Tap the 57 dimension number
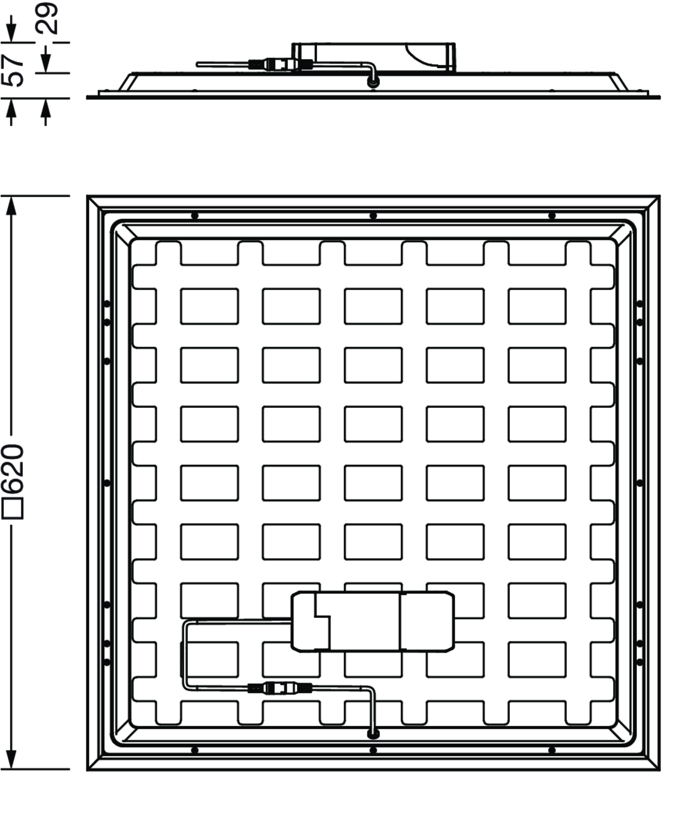(x=12, y=71)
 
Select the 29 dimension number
(x=46, y=18)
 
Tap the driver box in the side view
(x=373, y=57)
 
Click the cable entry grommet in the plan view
(x=373, y=734)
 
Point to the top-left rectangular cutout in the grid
(x=209, y=306)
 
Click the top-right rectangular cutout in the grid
(x=537, y=306)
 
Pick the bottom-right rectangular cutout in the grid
(x=537, y=660)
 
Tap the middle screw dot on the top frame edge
(x=373, y=216)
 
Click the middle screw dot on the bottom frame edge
(x=373, y=750)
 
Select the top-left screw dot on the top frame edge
(x=194, y=216)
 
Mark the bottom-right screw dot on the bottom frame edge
(x=552, y=750)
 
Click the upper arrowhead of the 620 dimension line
(x=12, y=205)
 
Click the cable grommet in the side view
(x=373, y=83)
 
